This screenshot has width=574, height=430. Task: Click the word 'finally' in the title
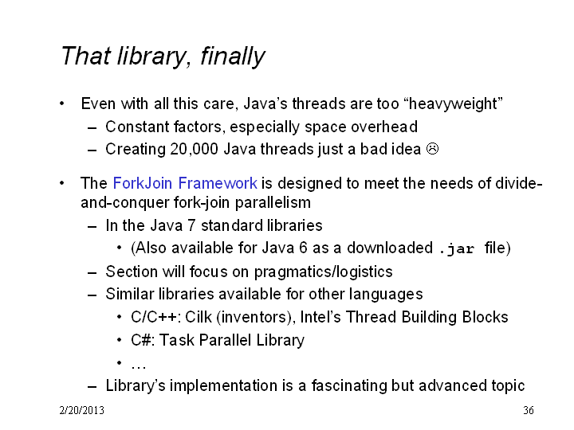[233, 57]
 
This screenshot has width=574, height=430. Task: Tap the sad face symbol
[432, 149]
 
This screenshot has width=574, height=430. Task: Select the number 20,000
[194, 149]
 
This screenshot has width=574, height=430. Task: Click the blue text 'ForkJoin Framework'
[185, 183]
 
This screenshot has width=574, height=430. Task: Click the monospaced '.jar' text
[457, 248]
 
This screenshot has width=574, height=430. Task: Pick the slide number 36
[529, 410]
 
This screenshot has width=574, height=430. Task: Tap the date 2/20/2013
[81, 410]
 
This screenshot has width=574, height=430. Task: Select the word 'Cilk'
[199, 317]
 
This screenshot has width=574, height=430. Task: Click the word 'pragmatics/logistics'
[323, 272]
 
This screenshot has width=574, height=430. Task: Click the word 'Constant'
[137, 127]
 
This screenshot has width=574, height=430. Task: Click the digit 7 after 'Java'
[191, 225]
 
